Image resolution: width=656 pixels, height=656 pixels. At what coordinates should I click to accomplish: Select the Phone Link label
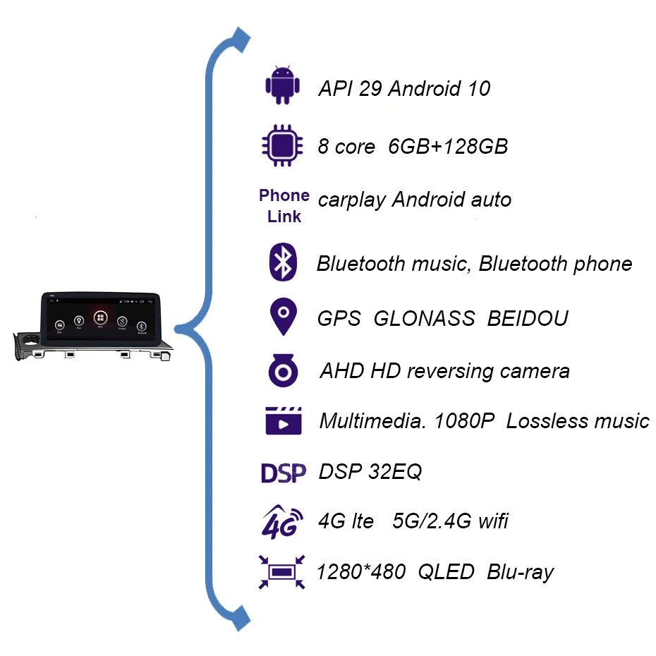(284, 205)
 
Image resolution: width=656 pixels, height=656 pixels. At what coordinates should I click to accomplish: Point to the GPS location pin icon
(283, 317)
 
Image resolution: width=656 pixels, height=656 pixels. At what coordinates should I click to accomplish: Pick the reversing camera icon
(283, 371)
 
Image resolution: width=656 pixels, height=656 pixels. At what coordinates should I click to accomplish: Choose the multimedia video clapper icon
(283, 420)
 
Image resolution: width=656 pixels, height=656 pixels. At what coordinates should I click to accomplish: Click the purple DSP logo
(283, 472)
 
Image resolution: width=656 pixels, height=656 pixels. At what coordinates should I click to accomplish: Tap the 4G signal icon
(282, 522)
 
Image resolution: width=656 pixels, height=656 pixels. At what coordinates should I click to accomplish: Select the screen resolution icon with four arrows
(282, 571)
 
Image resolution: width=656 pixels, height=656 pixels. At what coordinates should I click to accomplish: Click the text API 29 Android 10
(404, 89)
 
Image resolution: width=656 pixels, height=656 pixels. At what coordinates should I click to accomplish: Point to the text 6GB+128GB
(448, 147)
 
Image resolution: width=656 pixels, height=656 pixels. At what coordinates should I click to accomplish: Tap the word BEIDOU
(528, 319)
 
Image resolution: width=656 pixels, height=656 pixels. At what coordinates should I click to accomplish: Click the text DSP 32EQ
(370, 472)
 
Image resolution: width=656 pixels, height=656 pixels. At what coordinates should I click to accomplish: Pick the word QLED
(446, 572)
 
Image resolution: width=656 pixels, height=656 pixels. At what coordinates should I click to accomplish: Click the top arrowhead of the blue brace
(241, 39)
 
